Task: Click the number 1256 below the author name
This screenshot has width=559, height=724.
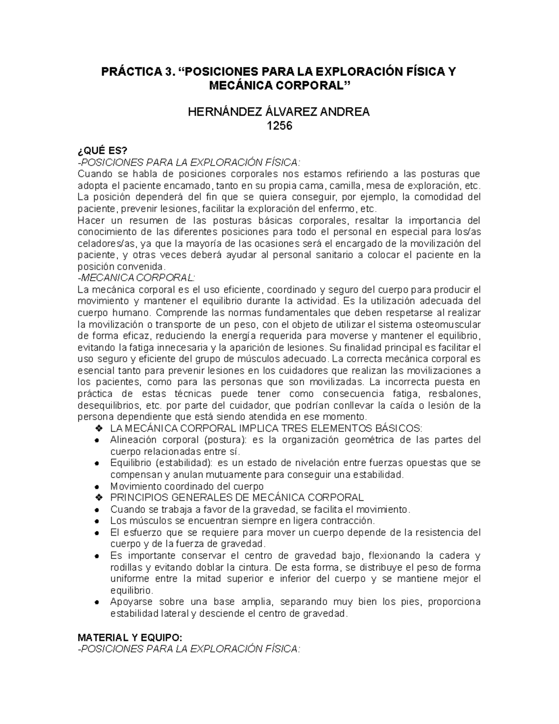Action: coord(279,125)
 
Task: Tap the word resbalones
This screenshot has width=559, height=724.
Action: coord(454,394)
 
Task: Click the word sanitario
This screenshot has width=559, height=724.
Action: coord(330,255)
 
